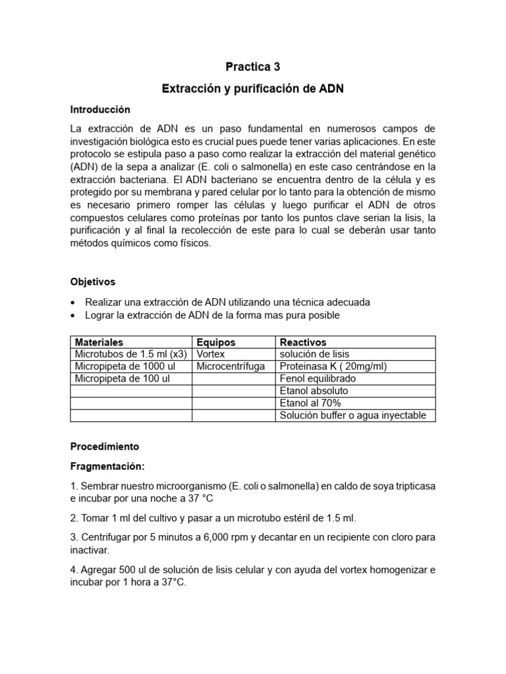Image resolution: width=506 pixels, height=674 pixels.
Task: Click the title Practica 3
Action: [x=253, y=66]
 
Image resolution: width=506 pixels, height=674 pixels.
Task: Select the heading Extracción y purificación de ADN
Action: [x=253, y=88]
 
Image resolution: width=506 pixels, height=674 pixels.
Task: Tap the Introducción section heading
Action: [x=100, y=109]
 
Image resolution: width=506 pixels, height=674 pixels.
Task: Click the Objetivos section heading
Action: [x=93, y=281]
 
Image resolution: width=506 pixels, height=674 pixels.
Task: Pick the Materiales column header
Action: [x=99, y=342]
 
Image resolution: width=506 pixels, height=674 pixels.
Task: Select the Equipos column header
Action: [x=216, y=342]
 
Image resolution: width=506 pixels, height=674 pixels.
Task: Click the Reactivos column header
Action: [x=303, y=342]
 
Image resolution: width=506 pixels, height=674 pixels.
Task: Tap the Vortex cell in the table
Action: [x=211, y=354]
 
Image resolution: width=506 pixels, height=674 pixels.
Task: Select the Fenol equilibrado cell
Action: [x=318, y=378]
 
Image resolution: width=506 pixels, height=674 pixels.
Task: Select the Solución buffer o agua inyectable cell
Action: [x=353, y=415]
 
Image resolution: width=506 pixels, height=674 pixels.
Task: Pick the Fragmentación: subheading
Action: [x=107, y=466]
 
